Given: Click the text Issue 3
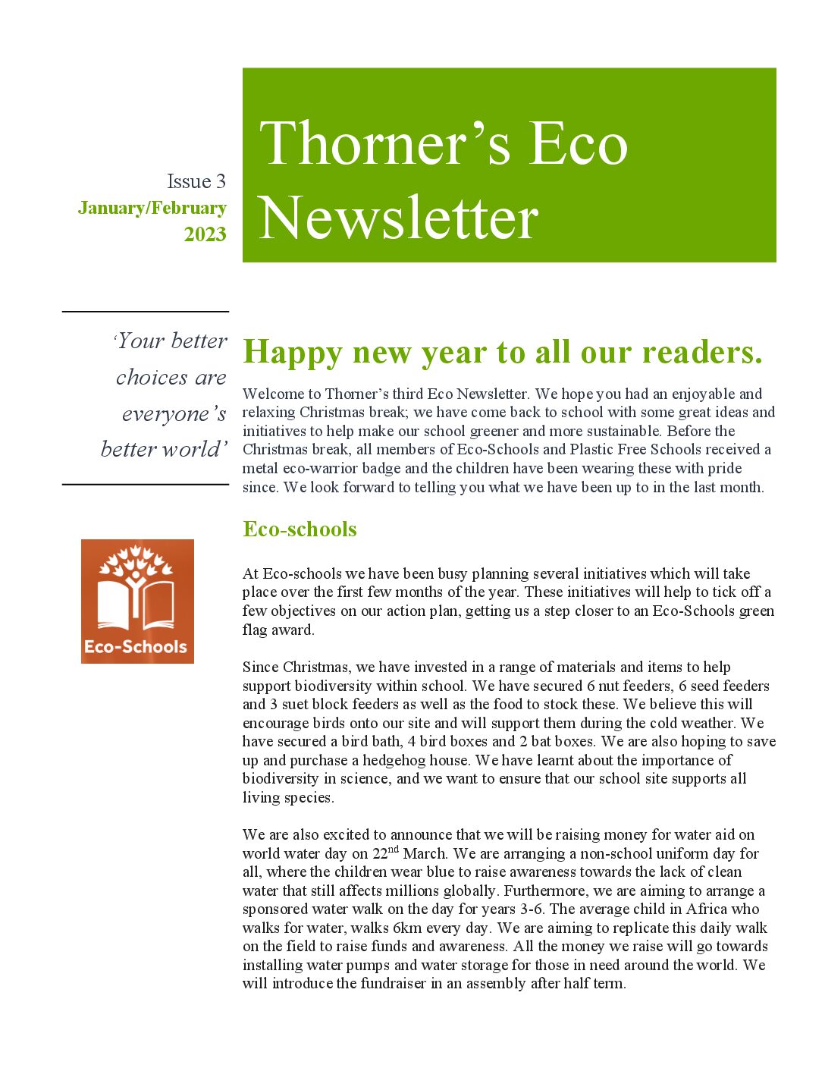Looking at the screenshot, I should point(196,182).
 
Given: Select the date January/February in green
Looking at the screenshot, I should point(152,208).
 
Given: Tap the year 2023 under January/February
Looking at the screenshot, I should point(205,234).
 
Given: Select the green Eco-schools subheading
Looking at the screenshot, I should point(300,529).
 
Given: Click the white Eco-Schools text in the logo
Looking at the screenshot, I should point(136,647).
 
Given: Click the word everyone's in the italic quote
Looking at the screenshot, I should point(174,414).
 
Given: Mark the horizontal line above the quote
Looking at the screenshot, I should point(145,312).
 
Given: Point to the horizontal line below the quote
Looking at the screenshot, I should point(145,484).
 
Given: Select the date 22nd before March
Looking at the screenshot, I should point(385,853).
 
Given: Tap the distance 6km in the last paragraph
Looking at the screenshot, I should point(407,928).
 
